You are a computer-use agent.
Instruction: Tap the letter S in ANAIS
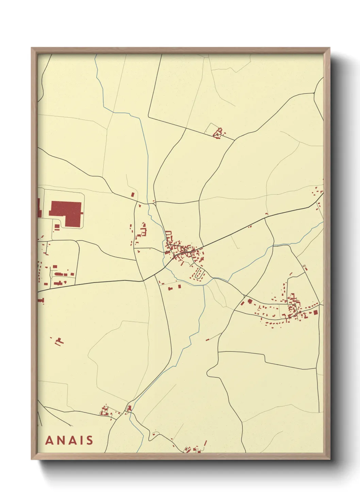(89, 440)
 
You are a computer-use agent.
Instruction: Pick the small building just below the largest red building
(57, 226)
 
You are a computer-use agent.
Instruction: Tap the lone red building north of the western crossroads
(133, 194)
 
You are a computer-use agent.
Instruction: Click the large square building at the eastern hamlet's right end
(315, 312)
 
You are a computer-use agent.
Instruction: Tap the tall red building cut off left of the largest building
(39, 208)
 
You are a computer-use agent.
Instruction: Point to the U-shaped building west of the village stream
(144, 232)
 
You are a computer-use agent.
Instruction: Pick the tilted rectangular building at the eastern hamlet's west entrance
(243, 303)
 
